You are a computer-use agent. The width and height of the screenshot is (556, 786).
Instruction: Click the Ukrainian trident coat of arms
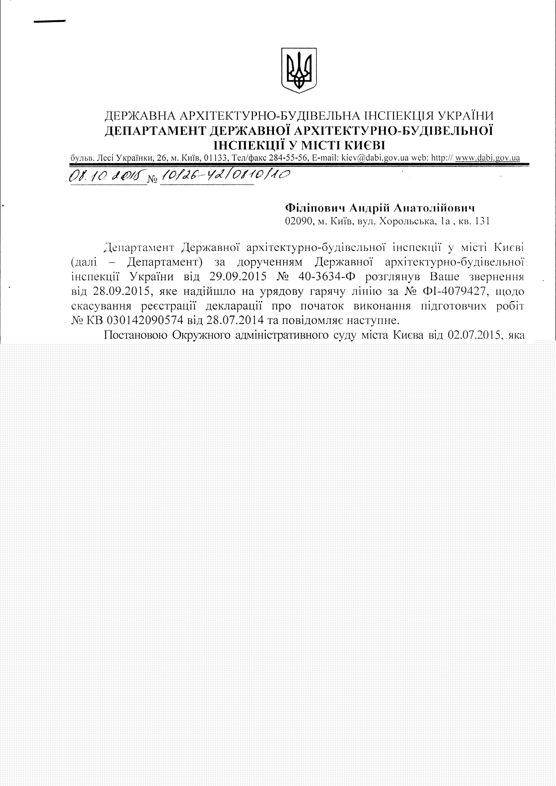[x=298, y=70]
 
